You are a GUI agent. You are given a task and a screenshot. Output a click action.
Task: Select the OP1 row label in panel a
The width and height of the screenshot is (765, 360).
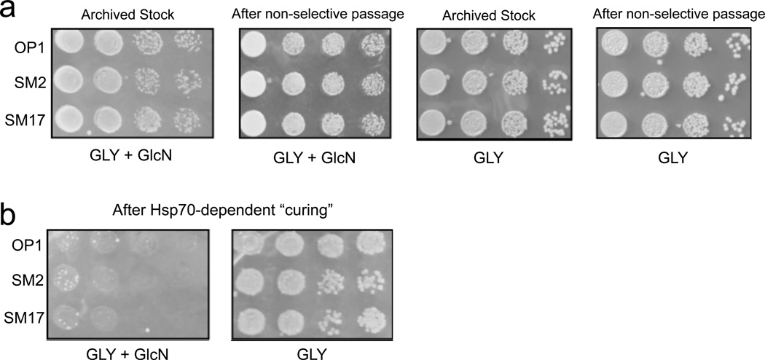coord(29,49)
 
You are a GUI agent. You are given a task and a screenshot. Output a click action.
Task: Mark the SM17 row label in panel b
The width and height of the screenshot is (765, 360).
coord(25,314)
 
